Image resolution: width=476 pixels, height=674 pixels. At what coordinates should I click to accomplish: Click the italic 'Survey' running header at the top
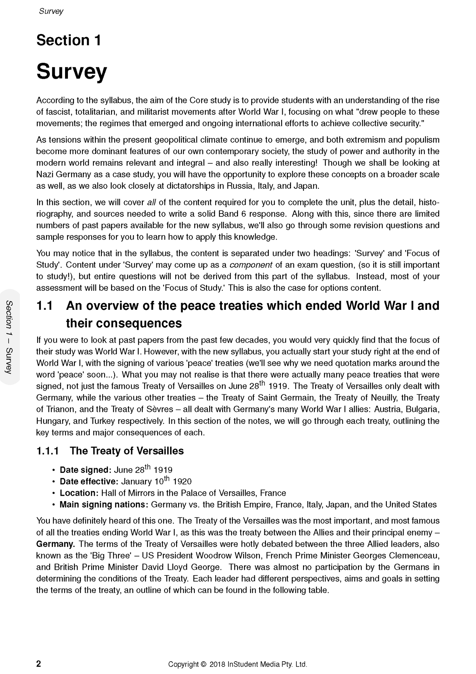51,11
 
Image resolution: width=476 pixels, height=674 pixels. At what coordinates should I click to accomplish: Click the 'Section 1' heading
69,40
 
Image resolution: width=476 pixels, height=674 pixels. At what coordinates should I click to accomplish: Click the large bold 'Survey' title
71,72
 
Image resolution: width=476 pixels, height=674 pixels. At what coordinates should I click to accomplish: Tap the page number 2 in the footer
39,664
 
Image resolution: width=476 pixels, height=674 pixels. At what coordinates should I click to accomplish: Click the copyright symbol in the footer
203,664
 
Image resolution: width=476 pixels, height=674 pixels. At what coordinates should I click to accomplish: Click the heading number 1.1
44,306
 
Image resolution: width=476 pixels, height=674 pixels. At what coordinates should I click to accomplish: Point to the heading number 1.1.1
48,451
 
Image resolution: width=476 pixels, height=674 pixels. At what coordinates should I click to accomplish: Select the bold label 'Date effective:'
89,481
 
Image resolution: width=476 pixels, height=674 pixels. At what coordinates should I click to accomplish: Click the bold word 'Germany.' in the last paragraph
56,544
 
